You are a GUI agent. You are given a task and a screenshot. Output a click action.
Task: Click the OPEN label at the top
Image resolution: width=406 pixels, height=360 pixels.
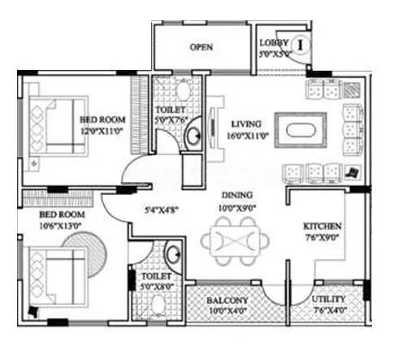[x=201, y=47]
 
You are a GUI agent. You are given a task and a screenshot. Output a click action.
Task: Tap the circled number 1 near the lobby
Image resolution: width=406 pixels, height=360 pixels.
[x=300, y=44]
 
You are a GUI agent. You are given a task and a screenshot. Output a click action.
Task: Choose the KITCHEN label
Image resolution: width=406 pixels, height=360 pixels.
[x=322, y=226]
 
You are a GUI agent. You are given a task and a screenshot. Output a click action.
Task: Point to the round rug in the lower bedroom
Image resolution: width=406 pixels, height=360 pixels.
[x=86, y=248]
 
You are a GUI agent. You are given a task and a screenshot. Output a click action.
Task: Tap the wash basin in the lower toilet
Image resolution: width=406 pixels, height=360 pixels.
[x=173, y=254]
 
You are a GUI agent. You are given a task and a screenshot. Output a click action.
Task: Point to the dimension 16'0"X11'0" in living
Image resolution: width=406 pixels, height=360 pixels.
[x=242, y=137]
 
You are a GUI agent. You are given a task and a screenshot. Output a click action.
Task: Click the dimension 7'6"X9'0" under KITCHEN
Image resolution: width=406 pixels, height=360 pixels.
[x=322, y=239]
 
